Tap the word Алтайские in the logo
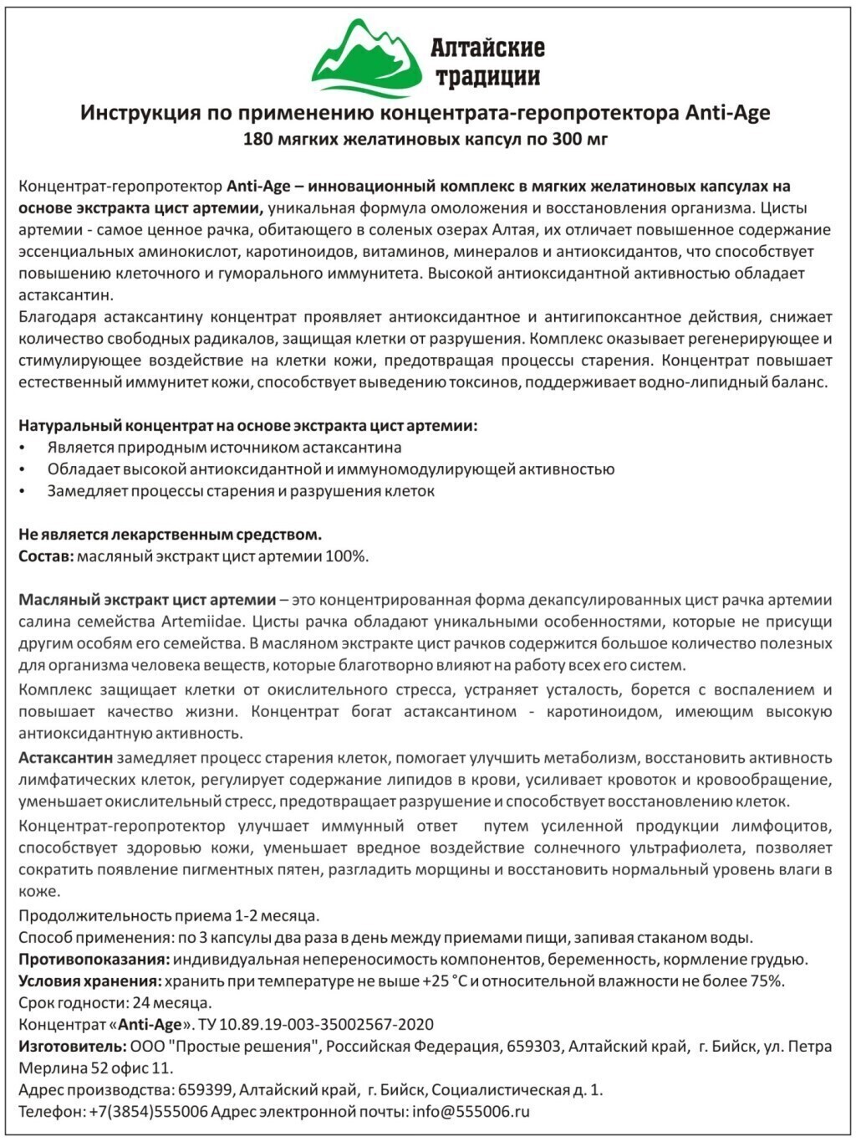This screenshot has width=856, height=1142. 487,48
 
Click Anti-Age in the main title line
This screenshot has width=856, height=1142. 727,113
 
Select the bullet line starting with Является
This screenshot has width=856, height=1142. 224,448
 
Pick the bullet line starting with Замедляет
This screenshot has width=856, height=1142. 241,491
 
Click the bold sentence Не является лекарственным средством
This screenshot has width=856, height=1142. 170,535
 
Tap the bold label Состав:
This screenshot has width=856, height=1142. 46,556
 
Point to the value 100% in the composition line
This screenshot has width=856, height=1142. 350,556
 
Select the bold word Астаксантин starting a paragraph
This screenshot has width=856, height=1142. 66,758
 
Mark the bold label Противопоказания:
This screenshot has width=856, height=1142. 94,960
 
